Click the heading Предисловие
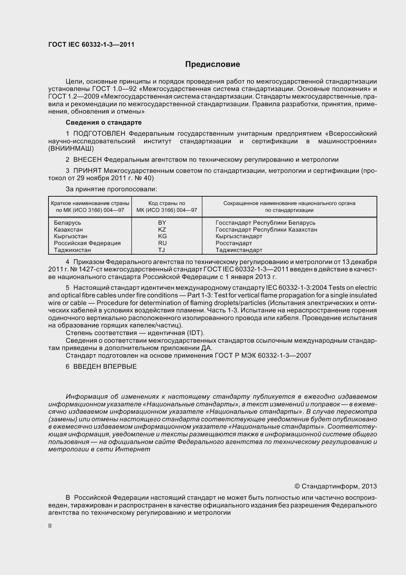[212, 64]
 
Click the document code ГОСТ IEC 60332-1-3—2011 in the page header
[91, 44]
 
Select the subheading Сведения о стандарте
[104, 122]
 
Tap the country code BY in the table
[162, 223]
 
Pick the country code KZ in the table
[162, 229]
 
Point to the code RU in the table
[162, 243]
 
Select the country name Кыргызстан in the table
[70, 236]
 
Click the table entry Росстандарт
[234, 243]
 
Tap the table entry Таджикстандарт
[239, 250]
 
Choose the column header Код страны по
[167, 203]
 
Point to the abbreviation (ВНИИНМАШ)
[71, 148]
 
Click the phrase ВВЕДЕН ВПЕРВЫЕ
[105, 367]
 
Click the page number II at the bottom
[50, 526]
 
